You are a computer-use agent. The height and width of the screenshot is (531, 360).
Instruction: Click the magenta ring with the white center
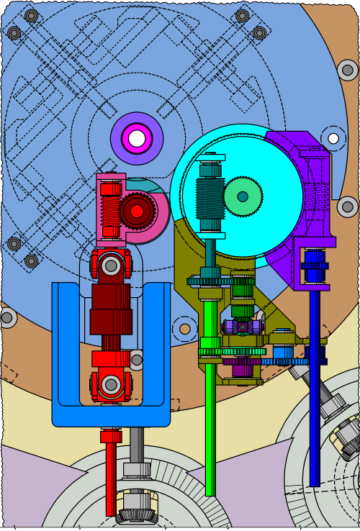(137, 137)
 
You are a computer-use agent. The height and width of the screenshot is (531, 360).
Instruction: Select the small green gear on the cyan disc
(243, 196)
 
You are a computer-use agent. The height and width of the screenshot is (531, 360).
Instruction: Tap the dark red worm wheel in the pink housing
(136, 211)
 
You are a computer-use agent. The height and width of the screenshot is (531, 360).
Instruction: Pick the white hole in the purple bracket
(333, 138)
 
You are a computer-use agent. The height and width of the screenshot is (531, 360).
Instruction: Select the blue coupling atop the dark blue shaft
(314, 266)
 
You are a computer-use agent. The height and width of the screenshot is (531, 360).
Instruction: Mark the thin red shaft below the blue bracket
(110, 475)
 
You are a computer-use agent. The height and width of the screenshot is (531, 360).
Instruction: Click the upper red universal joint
(110, 265)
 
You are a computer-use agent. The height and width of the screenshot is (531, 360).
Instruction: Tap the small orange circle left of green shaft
(185, 329)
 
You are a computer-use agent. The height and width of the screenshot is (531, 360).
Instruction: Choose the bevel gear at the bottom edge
(137, 514)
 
